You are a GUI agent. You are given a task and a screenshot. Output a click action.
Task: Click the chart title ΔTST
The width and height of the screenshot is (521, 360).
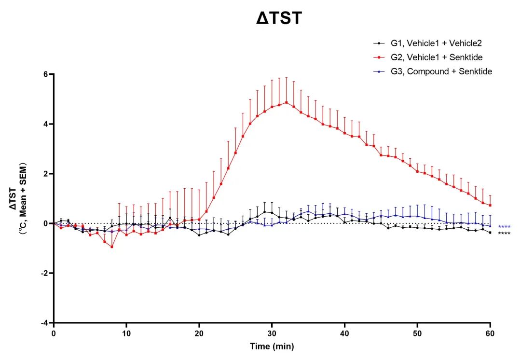(x=279, y=18)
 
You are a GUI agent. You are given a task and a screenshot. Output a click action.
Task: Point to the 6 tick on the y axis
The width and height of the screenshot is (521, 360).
(x=46, y=74)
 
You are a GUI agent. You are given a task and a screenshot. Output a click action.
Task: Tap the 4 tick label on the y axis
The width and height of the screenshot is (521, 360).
(x=46, y=124)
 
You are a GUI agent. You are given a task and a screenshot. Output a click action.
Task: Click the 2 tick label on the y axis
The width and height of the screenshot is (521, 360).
(x=46, y=174)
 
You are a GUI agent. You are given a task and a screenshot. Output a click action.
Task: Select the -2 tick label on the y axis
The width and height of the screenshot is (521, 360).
(x=44, y=273)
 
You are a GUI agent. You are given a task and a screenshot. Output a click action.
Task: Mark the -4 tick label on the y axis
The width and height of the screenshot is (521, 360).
(x=44, y=323)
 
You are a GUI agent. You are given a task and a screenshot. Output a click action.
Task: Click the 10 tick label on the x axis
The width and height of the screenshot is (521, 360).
(x=126, y=333)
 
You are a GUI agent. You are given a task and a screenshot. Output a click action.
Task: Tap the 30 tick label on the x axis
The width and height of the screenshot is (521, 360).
(x=272, y=333)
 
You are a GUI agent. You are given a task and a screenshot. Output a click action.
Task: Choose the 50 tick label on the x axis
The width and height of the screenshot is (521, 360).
(x=418, y=333)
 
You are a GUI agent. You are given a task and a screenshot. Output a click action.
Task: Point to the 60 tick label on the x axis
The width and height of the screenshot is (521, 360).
(x=490, y=333)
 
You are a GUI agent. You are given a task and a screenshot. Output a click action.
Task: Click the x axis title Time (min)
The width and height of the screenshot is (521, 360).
(x=272, y=346)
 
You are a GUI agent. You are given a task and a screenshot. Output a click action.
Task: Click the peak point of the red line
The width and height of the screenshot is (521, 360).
(x=287, y=102)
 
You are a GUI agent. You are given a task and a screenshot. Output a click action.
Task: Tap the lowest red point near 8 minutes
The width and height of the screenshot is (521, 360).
(x=112, y=247)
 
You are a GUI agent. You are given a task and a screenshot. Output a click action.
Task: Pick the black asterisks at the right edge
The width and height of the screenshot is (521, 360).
(x=504, y=234)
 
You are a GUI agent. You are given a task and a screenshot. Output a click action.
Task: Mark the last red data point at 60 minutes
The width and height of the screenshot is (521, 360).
(x=490, y=205)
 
